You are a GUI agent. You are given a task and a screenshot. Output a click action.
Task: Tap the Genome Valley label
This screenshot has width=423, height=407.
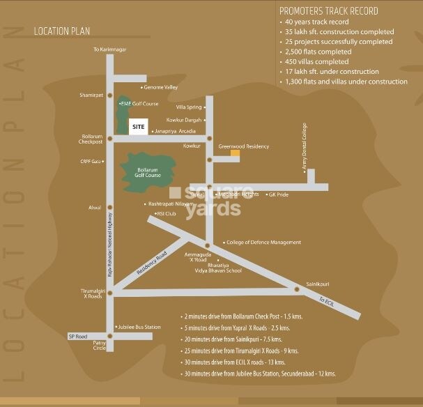[x=161, y=87]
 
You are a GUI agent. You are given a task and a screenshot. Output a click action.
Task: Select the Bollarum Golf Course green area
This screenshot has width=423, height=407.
[x=147, y=170]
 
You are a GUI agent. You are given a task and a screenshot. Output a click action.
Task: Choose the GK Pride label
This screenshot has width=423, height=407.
[x=278, y=194]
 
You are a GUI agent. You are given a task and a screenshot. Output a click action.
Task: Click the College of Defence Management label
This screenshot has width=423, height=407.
[x=264, y=243]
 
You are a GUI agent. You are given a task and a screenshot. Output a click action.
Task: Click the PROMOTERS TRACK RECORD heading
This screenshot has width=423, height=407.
[x=328, y=11]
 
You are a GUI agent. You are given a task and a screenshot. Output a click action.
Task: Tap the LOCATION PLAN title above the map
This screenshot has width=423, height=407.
[x=61, y=31]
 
